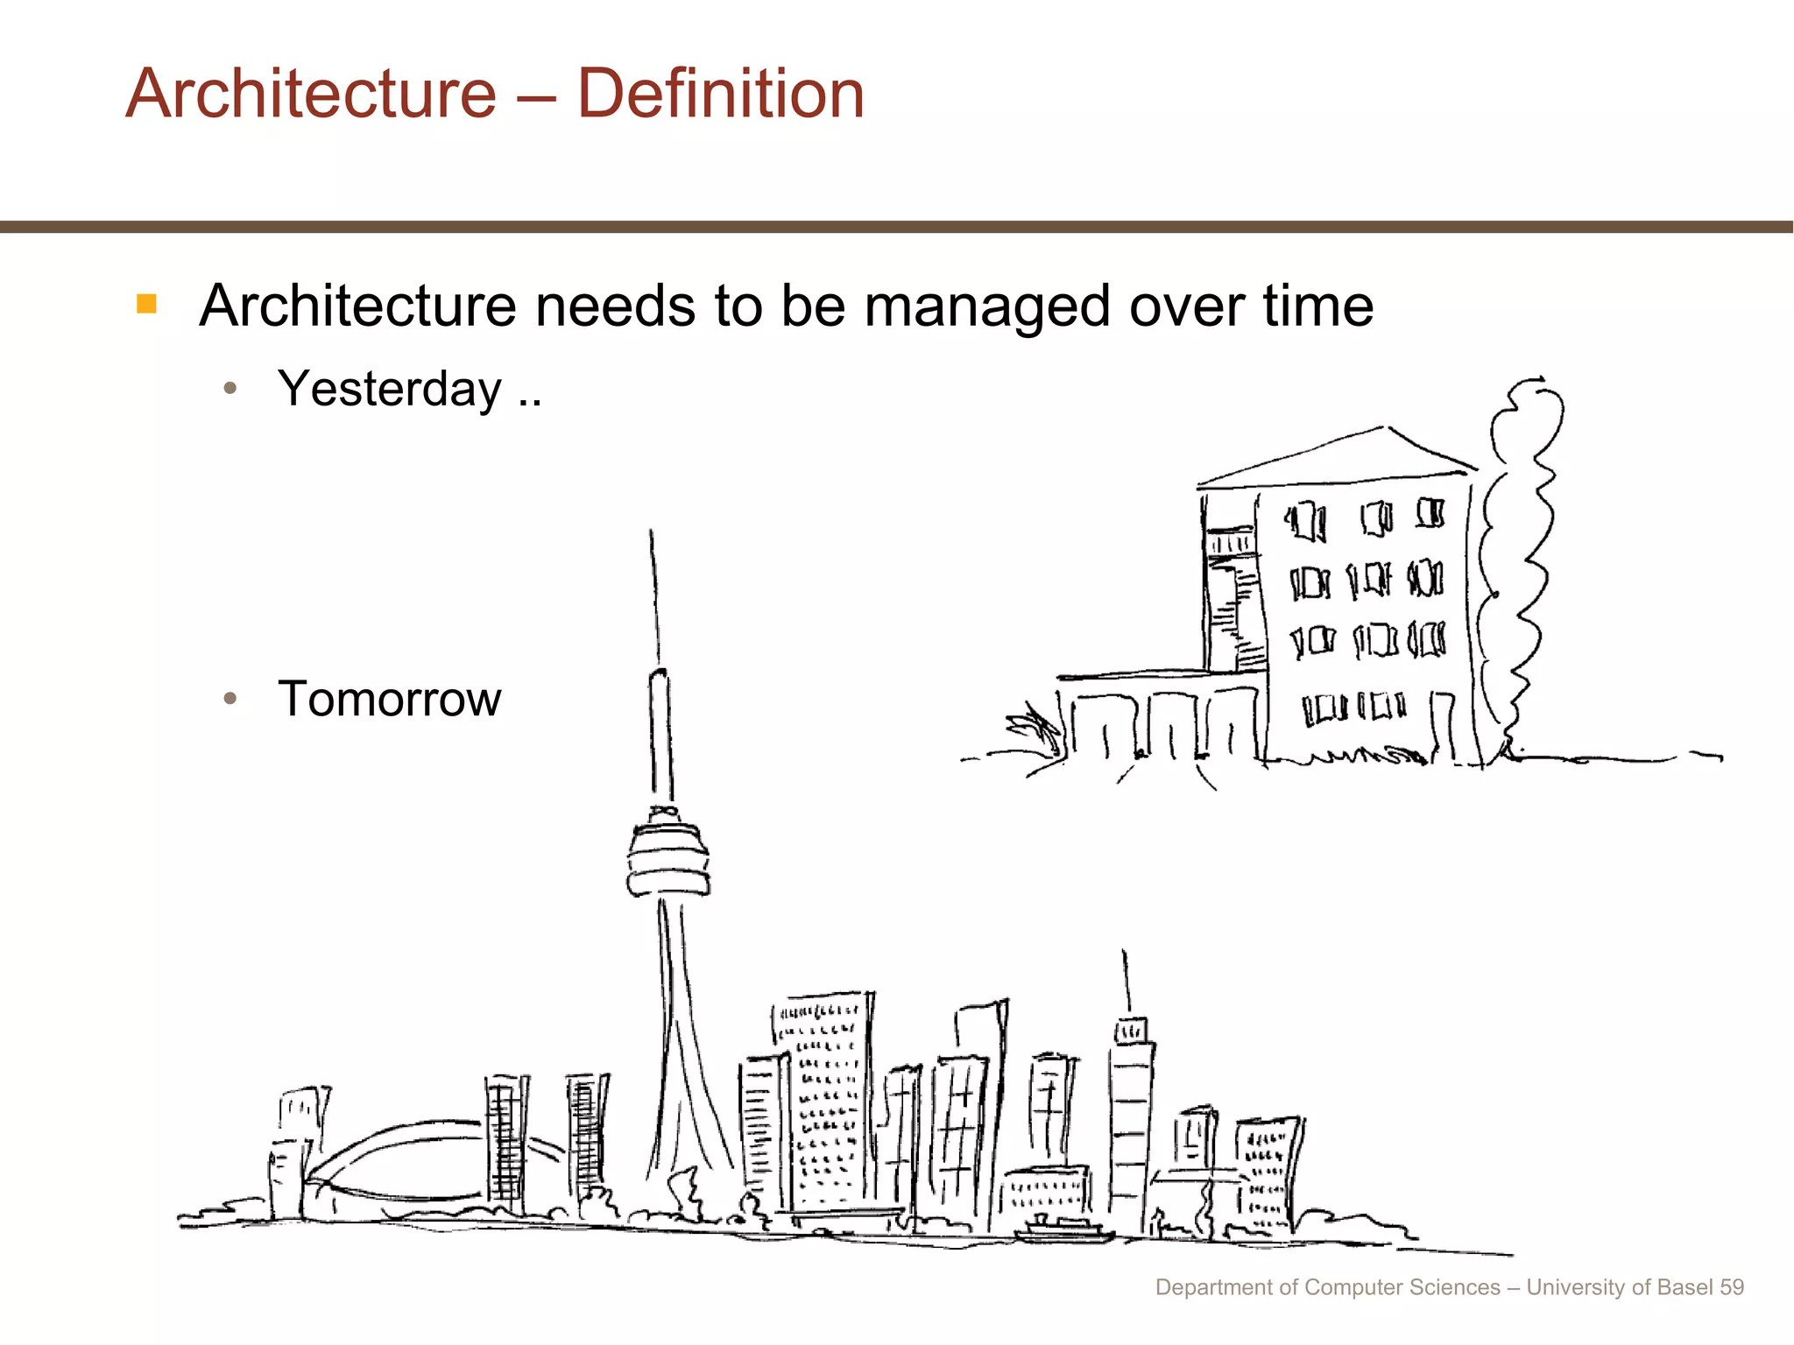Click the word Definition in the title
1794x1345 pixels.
tap(720, 94)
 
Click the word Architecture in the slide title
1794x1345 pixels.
tap(311, 94)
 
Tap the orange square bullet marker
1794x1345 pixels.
tap(146, 304)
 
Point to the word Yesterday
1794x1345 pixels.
tap(390, 389)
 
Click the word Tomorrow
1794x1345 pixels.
tap(389, 699)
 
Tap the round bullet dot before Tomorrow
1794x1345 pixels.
tap(230, 699)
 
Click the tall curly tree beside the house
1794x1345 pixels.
tap(1520, 560)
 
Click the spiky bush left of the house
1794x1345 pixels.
tap(1038, 731)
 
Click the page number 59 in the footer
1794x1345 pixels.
tap(1731, 1287)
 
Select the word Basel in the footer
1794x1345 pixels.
tap(1686, 1287)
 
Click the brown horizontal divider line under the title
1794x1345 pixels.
tap(897, 227)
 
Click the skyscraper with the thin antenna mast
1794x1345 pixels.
tap(1131, 1121)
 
